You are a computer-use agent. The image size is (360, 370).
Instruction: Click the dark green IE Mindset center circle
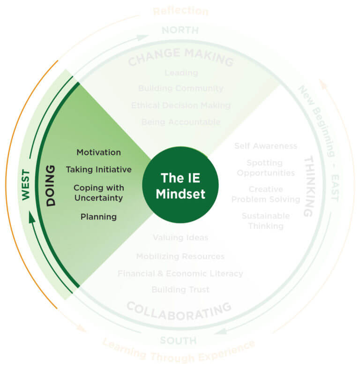[180, 185]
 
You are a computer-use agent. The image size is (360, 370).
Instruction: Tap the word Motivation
[98, 152]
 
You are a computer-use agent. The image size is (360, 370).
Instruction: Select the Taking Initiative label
[98, 169]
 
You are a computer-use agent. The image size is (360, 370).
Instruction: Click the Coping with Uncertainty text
[98, 192]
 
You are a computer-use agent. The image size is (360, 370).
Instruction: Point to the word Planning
[98, 217]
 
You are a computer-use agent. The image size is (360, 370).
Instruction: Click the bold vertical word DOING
[51, 185]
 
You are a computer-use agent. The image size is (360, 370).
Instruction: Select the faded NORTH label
[180, 30]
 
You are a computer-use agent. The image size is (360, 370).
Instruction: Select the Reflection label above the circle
[180, 11]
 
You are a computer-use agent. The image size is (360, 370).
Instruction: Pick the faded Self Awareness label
[266, 146]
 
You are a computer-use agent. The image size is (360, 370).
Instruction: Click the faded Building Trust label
[180, 289]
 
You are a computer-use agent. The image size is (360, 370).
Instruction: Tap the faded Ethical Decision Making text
[180, 105]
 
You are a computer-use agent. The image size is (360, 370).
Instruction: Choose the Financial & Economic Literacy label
[180, 273]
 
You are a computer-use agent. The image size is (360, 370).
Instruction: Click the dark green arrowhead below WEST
[32, 217]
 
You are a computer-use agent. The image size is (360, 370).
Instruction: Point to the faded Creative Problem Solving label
[266, 194]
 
